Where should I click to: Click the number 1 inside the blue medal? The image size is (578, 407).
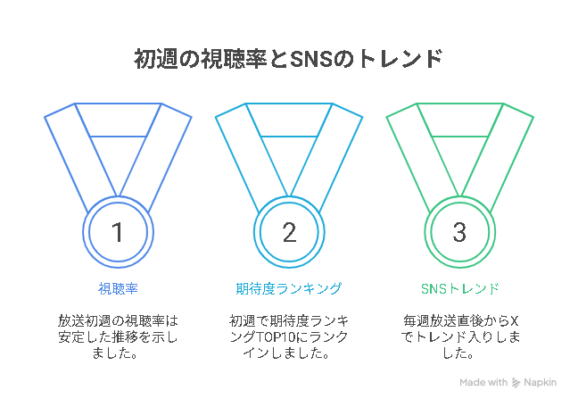[118, 232]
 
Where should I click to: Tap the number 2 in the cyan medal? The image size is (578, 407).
[289, 232]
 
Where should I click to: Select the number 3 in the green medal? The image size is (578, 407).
[459, 232]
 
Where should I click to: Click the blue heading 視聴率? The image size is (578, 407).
[118, 288]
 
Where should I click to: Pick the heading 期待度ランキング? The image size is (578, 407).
[289, 288]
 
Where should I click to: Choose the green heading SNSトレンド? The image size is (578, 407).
[460, 288]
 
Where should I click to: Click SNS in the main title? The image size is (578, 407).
[312, 59]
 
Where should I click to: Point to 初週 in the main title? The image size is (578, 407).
[156, 59]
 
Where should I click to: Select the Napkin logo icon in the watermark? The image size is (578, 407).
[516, 383]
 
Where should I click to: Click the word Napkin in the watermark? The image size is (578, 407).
[540, 383]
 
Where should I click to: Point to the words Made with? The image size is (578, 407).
[483, 382]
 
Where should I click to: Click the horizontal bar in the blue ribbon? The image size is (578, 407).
[118, 137]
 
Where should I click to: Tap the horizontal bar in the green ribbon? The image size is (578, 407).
[460, 137]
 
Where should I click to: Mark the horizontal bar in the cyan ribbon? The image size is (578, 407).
[289, 137]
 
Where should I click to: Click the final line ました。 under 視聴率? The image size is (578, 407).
[115, 353]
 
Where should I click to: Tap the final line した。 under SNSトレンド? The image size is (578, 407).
[458, 353]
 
